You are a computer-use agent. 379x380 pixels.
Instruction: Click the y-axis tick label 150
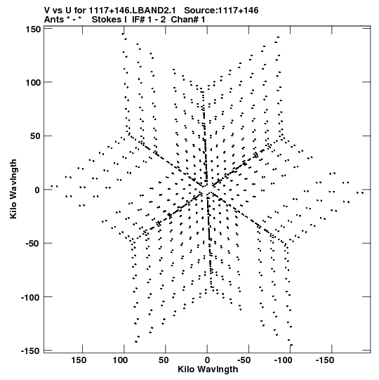[33, 30]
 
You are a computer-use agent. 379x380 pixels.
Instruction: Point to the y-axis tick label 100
[33, 83]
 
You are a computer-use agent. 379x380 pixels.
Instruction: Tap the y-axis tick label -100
[31, 297]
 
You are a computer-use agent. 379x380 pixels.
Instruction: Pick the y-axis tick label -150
[31, 351]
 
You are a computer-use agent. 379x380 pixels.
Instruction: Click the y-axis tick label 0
[37, 190]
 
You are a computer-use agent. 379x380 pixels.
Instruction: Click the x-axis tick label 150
[79, 360]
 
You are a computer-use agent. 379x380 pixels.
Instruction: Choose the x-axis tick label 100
[120, 360]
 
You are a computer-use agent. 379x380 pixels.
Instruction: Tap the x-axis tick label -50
[244, 360]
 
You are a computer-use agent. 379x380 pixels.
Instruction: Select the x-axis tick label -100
[283, 360]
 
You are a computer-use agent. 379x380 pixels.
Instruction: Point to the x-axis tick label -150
[325, 360]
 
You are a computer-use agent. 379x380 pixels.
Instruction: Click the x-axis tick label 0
[207, 360]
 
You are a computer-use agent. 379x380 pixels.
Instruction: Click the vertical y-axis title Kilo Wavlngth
[13, 189]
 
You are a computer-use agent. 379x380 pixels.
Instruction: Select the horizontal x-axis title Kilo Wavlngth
[208, 369]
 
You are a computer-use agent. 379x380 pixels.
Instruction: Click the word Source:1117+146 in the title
[221, 11]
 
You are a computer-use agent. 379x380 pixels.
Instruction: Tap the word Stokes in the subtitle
[109, 20]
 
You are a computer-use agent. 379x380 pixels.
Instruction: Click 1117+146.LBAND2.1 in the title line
[132, 11]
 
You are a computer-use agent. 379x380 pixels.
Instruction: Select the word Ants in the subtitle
[54, 20]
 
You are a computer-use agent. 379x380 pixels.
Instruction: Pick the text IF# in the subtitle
[138, 20]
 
